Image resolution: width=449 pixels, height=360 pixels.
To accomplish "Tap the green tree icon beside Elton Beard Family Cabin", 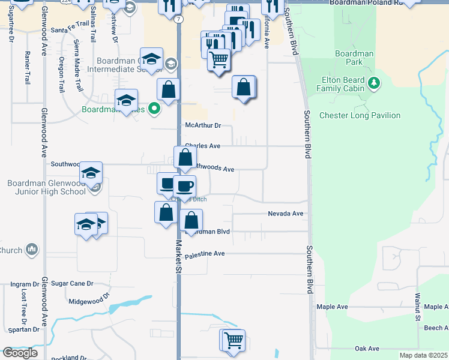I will [375, 82].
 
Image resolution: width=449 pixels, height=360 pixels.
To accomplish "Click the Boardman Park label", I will [354, 58].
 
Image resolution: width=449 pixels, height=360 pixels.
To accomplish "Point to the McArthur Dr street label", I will [203, 125].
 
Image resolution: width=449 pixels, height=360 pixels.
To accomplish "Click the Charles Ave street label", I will [203, 146].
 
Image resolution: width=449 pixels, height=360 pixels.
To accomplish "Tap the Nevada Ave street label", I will [285, 214].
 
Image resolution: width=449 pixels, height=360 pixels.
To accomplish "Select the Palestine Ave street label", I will [204, 254].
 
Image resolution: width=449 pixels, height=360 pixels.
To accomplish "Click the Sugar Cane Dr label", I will [72, 283].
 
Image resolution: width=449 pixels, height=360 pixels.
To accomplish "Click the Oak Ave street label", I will [367, 349].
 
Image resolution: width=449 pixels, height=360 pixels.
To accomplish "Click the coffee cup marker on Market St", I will [185, 185].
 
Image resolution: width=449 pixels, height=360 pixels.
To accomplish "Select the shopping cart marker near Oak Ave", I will [233, 340].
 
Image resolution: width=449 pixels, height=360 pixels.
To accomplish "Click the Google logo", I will [20, 353].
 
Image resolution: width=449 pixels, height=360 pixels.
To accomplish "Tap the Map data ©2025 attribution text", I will [423, 355].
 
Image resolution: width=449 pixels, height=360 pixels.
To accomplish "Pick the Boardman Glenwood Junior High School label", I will [47, 187].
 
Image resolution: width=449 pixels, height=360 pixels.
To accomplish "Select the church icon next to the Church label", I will [32, 250].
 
